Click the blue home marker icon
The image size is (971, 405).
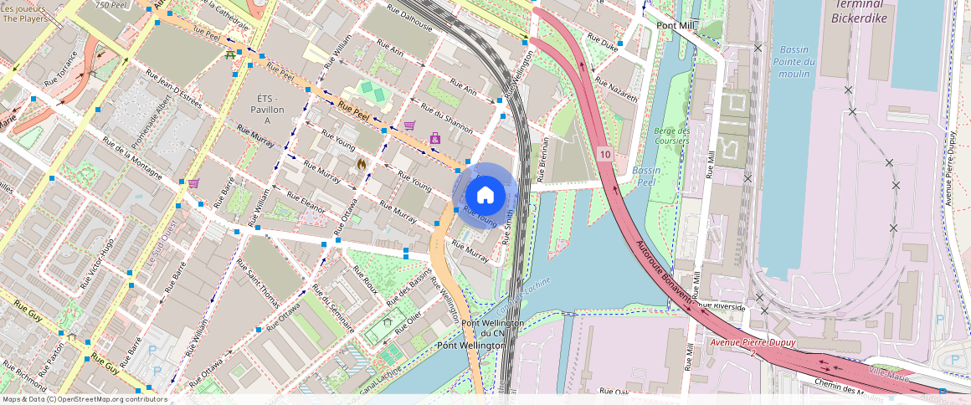click(x=485, y=195)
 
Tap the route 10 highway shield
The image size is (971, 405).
click(x=605, y=154)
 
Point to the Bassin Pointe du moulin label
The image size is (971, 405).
click(x=794, y=61)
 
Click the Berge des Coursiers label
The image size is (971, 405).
click(x=671, y=136)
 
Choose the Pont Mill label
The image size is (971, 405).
click(x=676, y=26)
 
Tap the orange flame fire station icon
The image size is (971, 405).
click(x=362, y=164)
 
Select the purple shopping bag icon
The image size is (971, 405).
click(x=434, y=138)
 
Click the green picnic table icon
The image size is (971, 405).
click(x=229, y=55)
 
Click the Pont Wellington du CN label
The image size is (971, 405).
click(x=493, y=328)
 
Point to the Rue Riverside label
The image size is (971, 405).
click(x=725, y=307)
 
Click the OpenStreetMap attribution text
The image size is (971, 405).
click(x=84, y=399)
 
